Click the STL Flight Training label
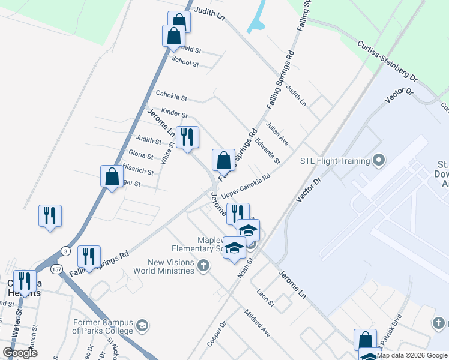coord(334,161)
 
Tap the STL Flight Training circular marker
coord(378,160)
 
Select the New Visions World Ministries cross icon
coord(203,266)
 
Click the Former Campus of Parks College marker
coord(142,326)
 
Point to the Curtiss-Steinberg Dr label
coord(387,61)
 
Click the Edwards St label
coord(268,152)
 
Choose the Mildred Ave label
coord(257,322)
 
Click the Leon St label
coord(265,298)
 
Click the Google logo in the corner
coord(20,353)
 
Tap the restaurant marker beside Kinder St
coord(188,137)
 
